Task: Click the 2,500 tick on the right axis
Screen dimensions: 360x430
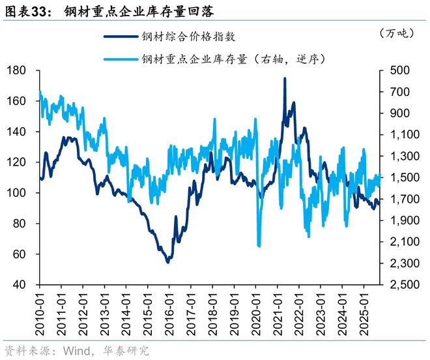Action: coord(399,285)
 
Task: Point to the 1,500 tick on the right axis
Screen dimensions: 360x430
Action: coord(399,178)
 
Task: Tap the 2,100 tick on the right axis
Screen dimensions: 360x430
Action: coord(399,242)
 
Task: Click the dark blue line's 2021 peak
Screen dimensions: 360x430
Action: coord(285,78)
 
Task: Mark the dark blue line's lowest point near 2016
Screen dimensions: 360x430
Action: coord(167,262)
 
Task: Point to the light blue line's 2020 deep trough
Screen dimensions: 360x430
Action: coord(259,246)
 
